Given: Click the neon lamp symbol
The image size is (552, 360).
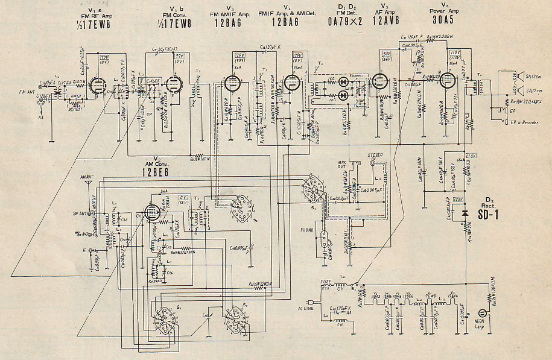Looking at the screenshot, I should click(x=482, y=313).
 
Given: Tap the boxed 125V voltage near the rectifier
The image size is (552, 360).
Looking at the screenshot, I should click(x=458, y=199).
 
